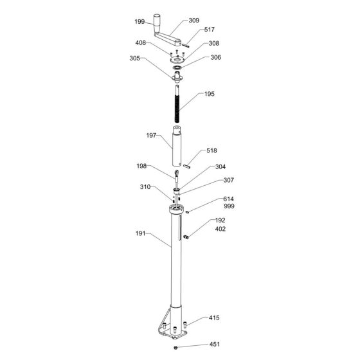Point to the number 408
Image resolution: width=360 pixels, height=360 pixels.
139,44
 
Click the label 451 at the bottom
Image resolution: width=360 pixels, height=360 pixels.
214,344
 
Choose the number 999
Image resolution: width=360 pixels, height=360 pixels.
230,207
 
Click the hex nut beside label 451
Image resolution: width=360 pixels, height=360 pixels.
175,348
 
